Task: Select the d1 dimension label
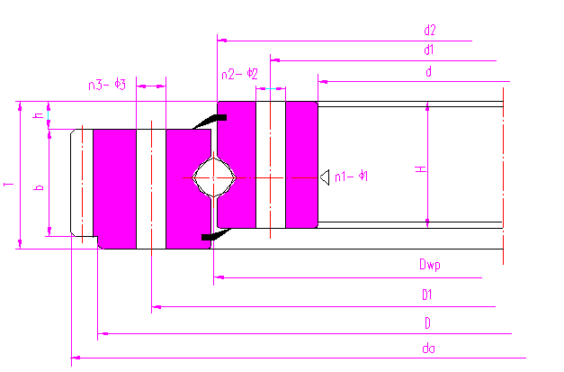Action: pyautogui.click(x=429, y=50)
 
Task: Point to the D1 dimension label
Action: pyautogui.click(x=428, y=295)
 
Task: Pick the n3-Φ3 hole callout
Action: pyautogui.click(x=106, y=86)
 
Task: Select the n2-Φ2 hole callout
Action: pyautogui.click(x=239, y=74)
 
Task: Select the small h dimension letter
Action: pyautogui.click(x=39, y=115)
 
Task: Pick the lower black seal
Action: pyautogui.click(x=211, y=236)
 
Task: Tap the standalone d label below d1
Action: pyautogui.click(x=429, y=71)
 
